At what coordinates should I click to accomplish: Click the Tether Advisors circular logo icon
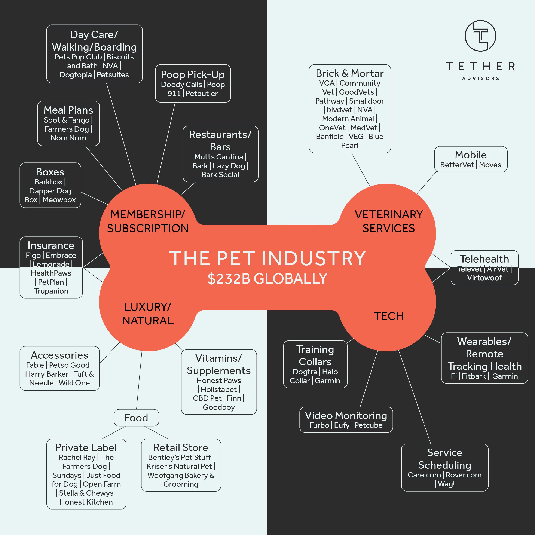click(x=480, y=36)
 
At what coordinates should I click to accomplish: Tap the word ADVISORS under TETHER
click(x=480, y=78)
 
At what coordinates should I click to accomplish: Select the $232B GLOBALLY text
click(x=267, y=279)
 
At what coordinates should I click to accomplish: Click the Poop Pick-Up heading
click(x=193, y=74)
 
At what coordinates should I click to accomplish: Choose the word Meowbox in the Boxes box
click(x=59, y=200)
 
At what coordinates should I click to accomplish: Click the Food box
click(x=136, y=418)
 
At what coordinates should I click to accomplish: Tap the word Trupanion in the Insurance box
click(x=51, y=291)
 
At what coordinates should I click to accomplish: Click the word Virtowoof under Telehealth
click(x=484, y=278)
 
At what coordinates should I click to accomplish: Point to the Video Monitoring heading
click(x=346, y=415)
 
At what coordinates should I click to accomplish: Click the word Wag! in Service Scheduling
click(x=446, y=484)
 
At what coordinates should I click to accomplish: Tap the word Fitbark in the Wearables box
click(x=474, y=376)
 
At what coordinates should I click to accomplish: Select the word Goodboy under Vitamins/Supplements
click(x=219, y=407)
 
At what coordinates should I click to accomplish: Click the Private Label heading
click(x=86, y=447)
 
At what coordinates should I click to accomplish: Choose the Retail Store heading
click(x=181, y=447)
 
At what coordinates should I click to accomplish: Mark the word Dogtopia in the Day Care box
click(x=75, y=75)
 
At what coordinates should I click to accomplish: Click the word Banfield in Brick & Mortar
click(x=330, y=137)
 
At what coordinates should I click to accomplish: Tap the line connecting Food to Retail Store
click(x=156, y=432)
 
